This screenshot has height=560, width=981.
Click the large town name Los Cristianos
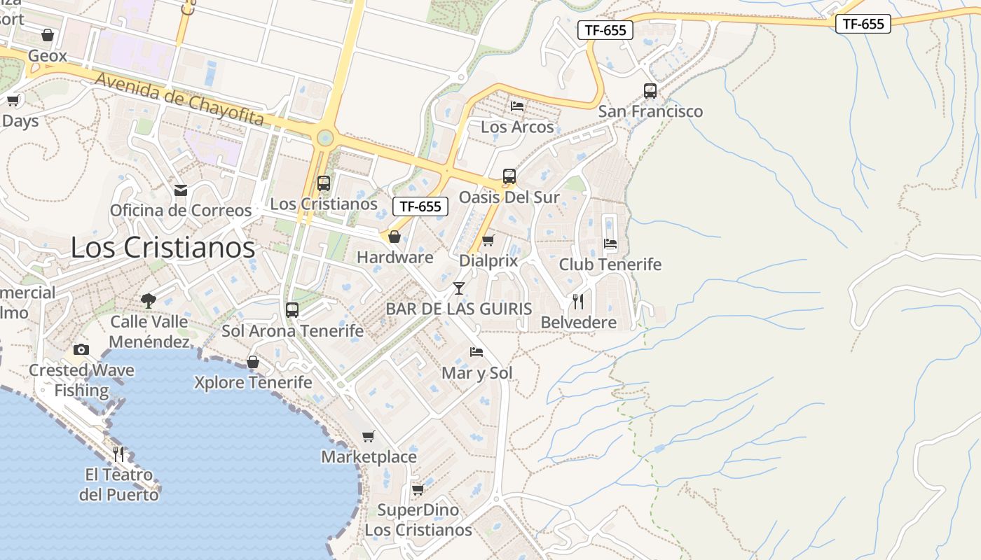click(x=163, y=248)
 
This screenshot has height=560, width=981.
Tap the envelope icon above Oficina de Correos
click(x=181, y=190)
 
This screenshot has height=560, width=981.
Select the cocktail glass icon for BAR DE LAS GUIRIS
click(x=459, y=288)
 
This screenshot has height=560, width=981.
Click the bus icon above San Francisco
click(x=650, y=91)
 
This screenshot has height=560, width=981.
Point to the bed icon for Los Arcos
click(x=517, y=106)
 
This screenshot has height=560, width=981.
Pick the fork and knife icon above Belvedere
click(x=578, y=302)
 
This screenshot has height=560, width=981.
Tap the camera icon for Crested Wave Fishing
click(x=81, y=349)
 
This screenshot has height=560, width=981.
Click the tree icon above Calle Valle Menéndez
click(x=148, y=301)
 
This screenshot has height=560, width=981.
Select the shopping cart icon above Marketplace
click(x=369, y=437)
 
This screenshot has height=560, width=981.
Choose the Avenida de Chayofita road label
click(x=179, y=99)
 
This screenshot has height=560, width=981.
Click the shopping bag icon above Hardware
click(x=395, y=237)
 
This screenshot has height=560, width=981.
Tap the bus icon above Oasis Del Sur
click(x=509, y=176)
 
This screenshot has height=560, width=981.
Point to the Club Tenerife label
click(x=610, y=265)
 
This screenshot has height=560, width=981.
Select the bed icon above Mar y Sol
click(x=476, y=352)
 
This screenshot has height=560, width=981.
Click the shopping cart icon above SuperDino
click(x=418, y=489)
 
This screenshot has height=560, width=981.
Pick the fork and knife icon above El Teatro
click(x=118, y=454)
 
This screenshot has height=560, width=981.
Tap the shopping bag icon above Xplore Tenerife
click(x=253, y=362)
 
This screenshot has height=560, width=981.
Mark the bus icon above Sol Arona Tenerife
click(x=292, y=309)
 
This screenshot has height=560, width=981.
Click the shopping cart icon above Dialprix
click(x=488, y=241)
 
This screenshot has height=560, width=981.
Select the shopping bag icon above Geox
click(x=48, y=35)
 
